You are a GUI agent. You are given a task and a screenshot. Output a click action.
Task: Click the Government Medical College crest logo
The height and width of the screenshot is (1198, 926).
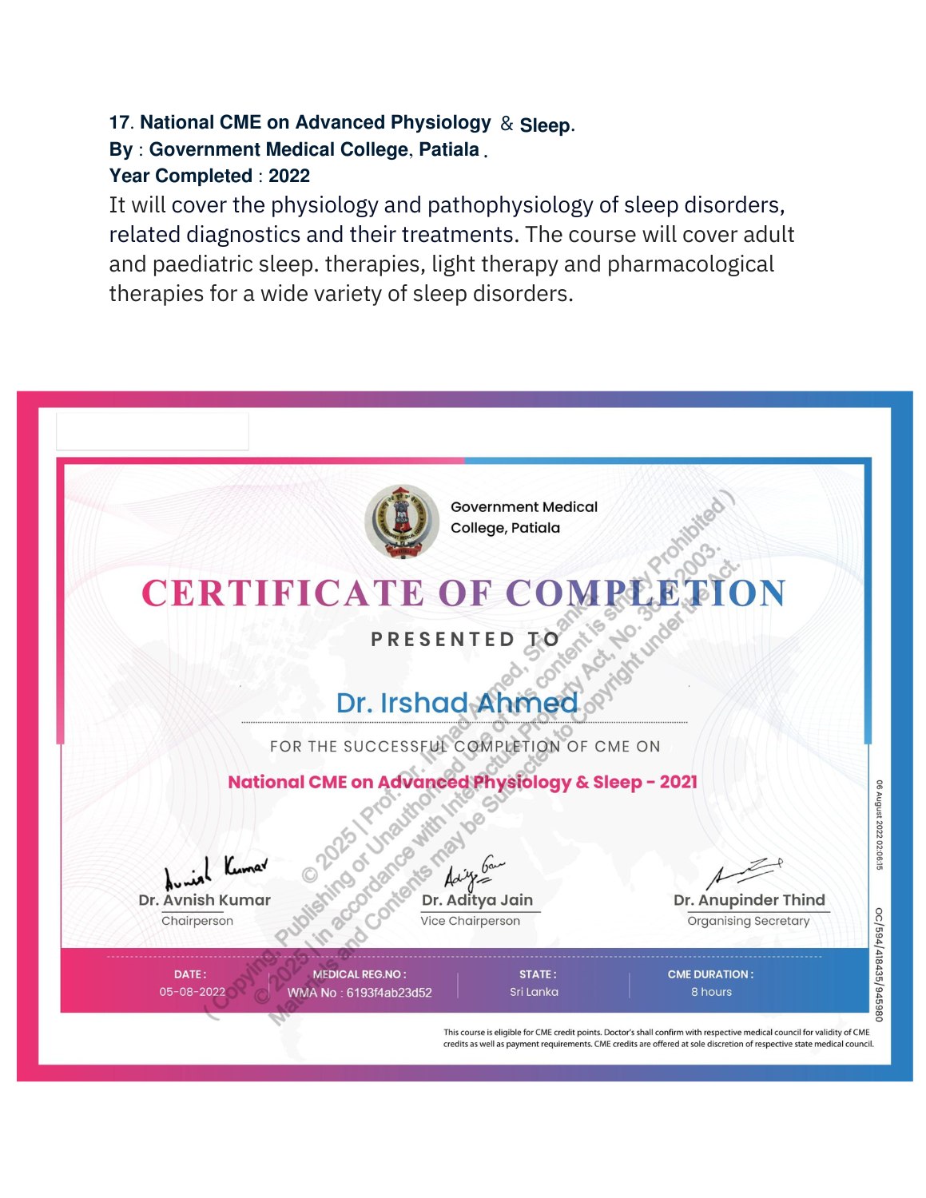click(x=402, y=521)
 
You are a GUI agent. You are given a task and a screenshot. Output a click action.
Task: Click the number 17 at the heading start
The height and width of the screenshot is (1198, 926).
click(x=119, y=123)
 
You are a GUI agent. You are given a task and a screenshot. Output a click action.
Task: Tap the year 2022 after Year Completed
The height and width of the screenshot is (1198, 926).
click(x=289, y=176)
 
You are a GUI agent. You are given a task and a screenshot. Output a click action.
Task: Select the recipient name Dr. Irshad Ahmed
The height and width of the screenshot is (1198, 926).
click(x=457, y=703)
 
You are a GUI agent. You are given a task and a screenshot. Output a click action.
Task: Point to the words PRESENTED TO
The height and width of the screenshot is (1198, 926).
click(x=465, y=640)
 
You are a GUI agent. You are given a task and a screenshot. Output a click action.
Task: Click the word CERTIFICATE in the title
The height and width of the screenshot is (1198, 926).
click(x=283, y=593)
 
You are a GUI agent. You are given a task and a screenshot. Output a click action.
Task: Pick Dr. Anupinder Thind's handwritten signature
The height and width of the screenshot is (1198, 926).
click(x=745, y=872)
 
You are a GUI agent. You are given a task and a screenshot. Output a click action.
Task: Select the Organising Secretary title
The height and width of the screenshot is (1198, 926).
click(x=749, y=921)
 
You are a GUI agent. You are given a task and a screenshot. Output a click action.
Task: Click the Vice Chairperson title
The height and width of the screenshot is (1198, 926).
click(x=470, y=921)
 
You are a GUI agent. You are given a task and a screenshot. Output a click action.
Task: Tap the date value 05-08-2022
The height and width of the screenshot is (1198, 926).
click(x=192, y=992)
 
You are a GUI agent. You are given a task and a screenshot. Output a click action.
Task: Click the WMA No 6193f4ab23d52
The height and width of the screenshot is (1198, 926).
click(x=360, y=993)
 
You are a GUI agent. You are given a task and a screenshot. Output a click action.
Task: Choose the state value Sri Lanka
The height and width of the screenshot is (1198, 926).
click(x=534, y=992)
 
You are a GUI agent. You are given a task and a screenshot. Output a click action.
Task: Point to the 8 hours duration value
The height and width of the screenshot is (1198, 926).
click(x=711, y=992)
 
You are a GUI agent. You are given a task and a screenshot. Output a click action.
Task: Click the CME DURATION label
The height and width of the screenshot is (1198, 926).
click(x=710, y=974)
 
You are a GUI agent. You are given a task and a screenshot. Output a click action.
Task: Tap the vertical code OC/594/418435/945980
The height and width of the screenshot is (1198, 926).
click(x=879, y=964)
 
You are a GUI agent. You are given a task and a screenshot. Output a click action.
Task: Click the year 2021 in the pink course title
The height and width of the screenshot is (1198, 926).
click(x=678, y=782)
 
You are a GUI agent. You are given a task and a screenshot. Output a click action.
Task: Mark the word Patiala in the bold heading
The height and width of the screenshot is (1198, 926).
click(x=449, y=149)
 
